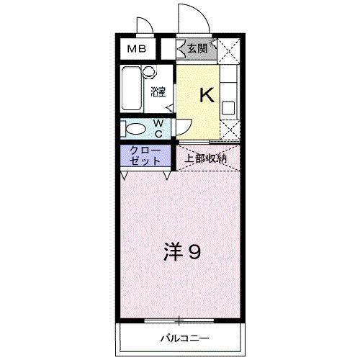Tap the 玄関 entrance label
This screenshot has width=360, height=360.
click(197, 49)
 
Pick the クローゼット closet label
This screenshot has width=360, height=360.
click(145, 156)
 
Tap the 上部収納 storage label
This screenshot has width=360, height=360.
click(205, 158)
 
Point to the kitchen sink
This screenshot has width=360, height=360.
click(229, 108)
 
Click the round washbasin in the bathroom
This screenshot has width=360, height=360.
click(149, 72)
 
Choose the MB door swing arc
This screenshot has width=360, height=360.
click(143, 26)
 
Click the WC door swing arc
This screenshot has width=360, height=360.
click(181, 125)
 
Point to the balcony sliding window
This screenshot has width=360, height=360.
click(181, 319)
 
